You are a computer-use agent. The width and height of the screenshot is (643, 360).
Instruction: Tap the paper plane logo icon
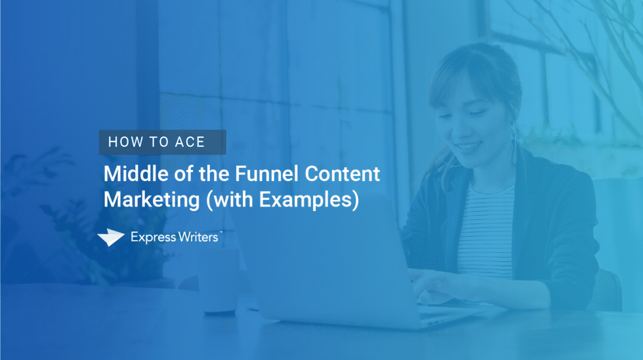(x=110, y=238)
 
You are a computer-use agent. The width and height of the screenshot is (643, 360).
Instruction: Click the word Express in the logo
(x=151, y=237)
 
